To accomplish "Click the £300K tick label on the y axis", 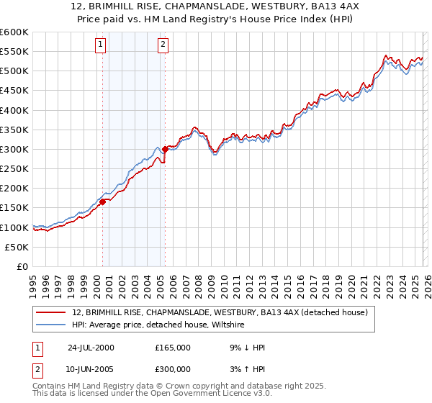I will [14, 149].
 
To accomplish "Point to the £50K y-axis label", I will [17, 247].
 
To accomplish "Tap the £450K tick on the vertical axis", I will [14, 91].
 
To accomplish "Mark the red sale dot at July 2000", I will [103, 201].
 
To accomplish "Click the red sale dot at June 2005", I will [165, 149].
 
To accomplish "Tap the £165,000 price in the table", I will [173, 348].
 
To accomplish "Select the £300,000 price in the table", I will [173, 368].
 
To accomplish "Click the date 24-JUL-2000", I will [91, 348].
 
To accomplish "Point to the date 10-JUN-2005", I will [91, 368].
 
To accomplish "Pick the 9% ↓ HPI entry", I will [245, 348].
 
